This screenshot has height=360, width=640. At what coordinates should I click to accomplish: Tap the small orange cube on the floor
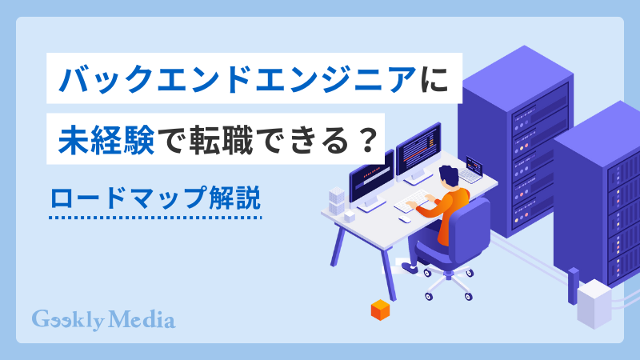(x=379, y=309)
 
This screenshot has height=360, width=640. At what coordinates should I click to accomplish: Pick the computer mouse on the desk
(x=406, y=219)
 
